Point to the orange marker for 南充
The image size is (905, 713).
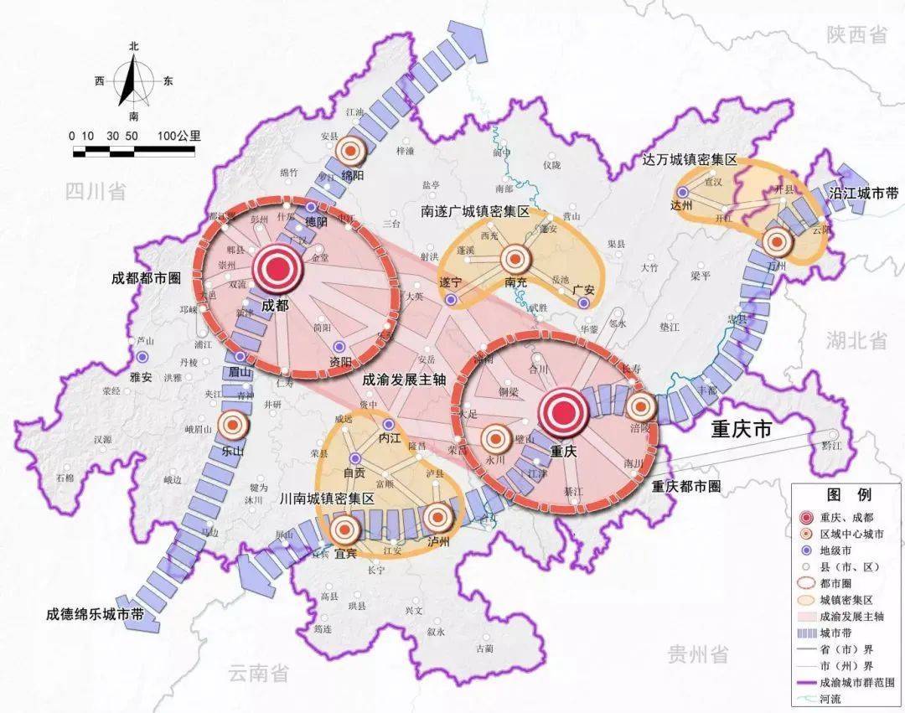coord(517,257)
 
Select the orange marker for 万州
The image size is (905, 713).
coord(777,242)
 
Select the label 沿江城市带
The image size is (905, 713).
coord(863,193)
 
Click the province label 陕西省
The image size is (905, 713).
coord(856,34)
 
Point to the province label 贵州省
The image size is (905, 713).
coord(696,654)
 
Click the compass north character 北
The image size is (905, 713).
coord(133,48)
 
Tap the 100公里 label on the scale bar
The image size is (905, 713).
coord(178,136)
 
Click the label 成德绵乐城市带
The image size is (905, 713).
coord(95,614)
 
